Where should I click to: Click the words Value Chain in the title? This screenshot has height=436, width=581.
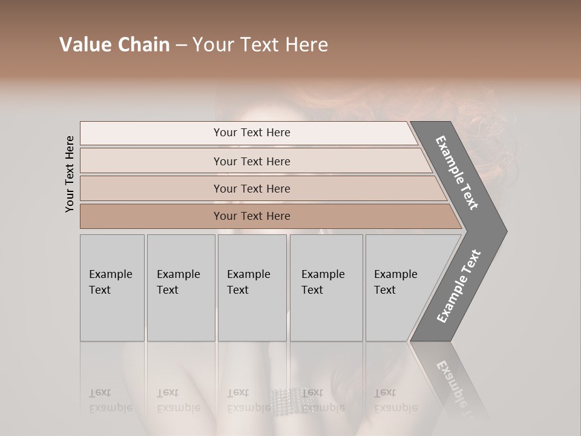(114, 45)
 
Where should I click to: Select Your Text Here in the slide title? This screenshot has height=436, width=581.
(260, 45)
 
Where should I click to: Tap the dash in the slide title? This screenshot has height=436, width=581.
(181, 45)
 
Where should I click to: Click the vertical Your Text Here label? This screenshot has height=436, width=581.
(70, 174)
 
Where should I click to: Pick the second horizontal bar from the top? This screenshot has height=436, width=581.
(251, 161)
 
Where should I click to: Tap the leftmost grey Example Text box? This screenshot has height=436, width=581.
(112, 288)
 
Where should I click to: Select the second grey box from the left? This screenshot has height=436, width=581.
(180, 288)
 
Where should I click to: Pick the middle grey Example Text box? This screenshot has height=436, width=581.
(252, 288)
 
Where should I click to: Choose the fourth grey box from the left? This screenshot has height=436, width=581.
(326, 288)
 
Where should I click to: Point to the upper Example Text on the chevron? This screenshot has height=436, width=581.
(458, 173)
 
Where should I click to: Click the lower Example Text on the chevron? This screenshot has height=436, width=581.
(459, 286)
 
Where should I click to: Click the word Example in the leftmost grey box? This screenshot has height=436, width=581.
(110, 274)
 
